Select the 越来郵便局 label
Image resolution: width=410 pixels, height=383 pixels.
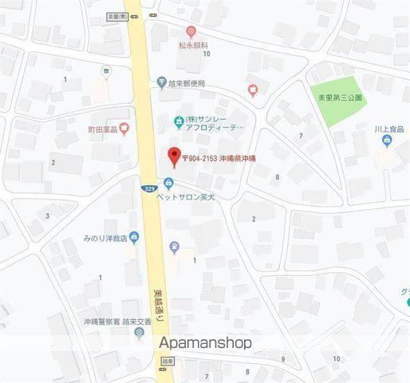pos(187,83)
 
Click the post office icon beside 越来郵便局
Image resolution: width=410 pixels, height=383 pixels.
pos(162,83)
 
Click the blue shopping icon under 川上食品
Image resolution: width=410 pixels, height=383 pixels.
pos(387,142)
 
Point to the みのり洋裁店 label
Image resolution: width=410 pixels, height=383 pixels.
pos(103,237)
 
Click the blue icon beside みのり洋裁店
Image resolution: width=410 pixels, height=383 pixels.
pos(134,236)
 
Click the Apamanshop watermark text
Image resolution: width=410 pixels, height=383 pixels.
pos(205,342)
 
